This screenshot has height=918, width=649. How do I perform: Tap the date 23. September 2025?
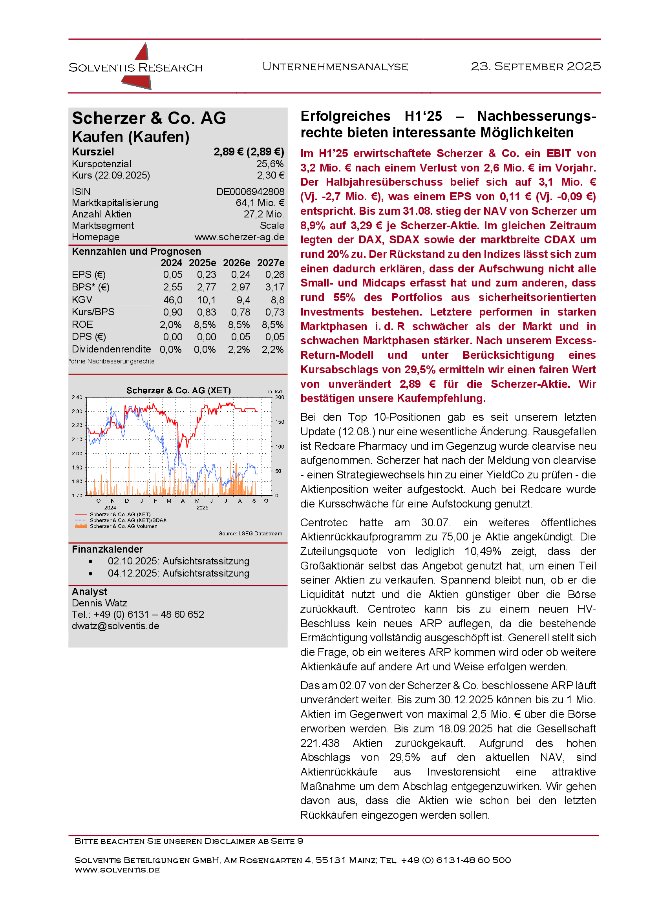(536, 66)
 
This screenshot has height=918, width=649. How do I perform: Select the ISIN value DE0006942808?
(250, 192)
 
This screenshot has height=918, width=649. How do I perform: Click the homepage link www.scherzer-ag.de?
(239, 237)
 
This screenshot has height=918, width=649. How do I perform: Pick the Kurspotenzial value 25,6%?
(270, 164)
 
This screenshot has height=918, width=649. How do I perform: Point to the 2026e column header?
(236, 263)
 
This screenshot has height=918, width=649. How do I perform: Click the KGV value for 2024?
(172, 300)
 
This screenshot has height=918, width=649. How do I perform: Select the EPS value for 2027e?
(275, 275)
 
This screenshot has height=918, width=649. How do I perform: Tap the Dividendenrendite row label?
(111, 349)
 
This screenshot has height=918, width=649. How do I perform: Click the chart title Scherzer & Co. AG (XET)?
(178, 391)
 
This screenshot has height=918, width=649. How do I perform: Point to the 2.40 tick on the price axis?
(77, 398)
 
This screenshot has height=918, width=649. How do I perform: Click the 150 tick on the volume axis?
(280, 422)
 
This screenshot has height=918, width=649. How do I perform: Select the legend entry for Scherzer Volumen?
(123, 527)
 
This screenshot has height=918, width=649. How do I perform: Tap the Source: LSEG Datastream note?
(250, 534)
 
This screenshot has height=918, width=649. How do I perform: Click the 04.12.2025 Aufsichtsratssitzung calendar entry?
(178, 574)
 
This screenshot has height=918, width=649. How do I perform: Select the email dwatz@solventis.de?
(115, 626)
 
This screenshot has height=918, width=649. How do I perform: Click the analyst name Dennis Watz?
(99, 603)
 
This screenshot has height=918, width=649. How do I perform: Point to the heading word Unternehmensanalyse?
(335, 67)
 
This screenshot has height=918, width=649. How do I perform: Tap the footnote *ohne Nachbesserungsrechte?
(112, 361)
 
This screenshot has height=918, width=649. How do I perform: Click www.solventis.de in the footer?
(117, 870)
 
